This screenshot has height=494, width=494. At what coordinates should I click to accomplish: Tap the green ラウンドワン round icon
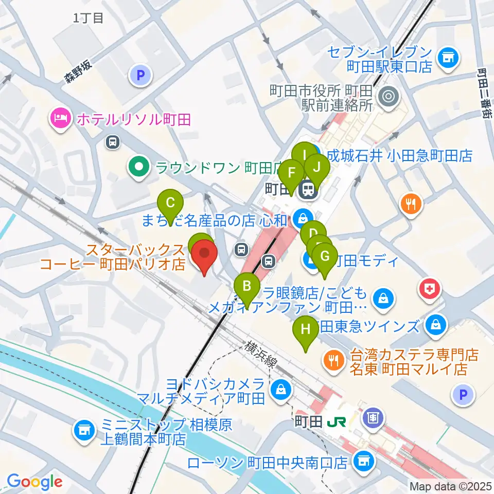(x=139, y=167)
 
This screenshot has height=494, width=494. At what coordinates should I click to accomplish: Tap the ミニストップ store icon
(x=84, y=430)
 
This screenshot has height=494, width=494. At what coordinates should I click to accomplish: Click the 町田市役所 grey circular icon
(x=387, y=96)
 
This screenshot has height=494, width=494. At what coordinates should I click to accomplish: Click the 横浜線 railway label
(x=263, y=354)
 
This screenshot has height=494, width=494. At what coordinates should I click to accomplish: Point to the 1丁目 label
(x=89, y=19)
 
